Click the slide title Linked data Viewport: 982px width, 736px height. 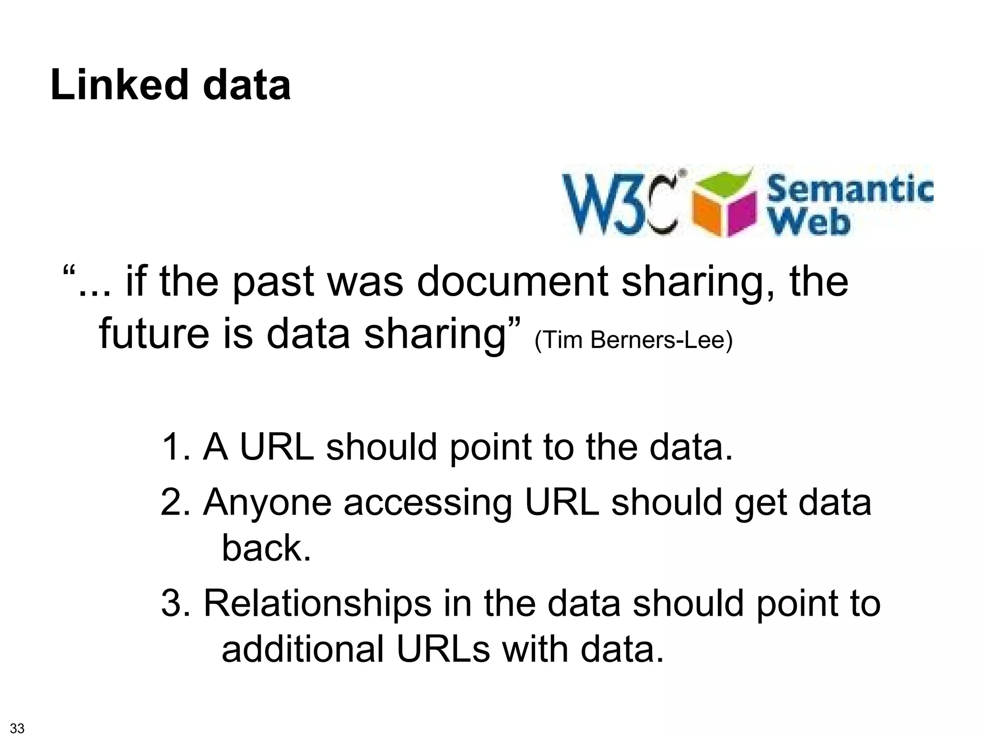(170, 85)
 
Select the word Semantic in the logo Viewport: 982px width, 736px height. (850, 189)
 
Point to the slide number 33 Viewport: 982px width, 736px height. (17, 728)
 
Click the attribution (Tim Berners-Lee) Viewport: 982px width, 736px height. (633, 340)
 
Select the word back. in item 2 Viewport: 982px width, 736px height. (267, 548)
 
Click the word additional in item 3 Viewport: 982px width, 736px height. (303, 649)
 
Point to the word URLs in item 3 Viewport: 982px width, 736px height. (444, 649)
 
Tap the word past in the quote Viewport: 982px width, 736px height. (274, 283)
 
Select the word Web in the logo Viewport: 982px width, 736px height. (810, 222)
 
